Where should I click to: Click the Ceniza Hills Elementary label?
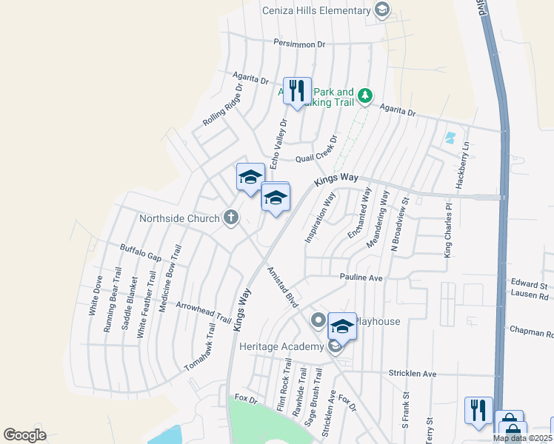(316, 10)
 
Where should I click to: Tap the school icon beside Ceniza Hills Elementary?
(381, 10)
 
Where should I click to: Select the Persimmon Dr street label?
(299, 44)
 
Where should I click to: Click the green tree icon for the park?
(364, 95)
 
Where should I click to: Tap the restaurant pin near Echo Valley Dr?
(297, 91)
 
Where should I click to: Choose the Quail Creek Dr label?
(316, 150)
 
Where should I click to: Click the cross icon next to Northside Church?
(231, 218)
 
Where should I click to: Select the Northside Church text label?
(179, 218)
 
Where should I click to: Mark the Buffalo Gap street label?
(141, 252)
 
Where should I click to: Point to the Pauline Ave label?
(361, 277)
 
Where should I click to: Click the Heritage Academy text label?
(281, 346)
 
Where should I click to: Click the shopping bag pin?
(510, 425)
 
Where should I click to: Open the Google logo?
(24, 435)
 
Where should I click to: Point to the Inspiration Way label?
(320, 217)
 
